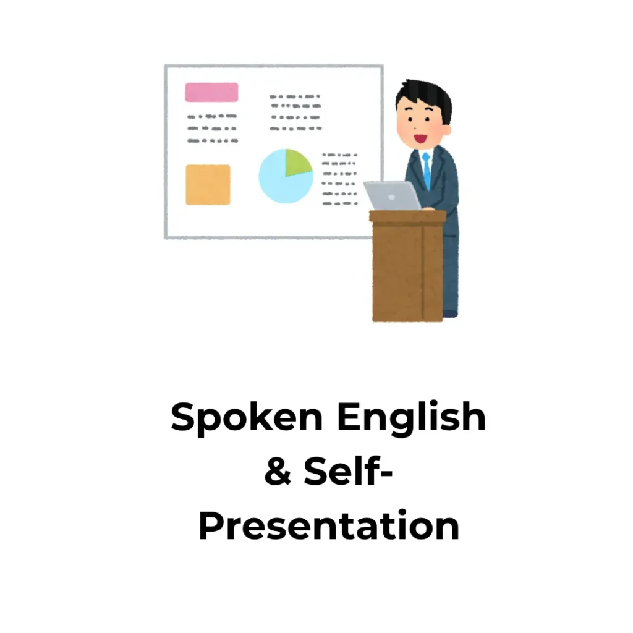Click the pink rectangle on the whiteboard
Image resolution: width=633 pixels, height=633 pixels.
pos(211,92)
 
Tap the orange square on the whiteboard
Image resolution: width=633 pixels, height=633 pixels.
pos(208,184)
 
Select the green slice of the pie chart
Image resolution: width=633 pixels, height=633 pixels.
pos(297,162)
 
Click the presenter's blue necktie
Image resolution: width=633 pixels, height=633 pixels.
pos(427,171)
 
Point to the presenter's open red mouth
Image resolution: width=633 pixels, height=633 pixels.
pos(420,139)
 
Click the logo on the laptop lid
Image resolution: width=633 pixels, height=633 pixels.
pos(391,197)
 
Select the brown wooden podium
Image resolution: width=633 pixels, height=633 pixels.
pos(408,266)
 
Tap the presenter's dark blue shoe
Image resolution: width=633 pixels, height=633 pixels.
pos(450,313)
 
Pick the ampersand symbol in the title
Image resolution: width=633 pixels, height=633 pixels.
pos(278,470)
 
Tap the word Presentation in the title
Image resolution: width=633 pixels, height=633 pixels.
pos(329,525)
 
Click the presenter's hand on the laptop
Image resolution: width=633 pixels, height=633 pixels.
pos(428,208)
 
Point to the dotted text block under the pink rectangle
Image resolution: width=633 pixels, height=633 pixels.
pos(213,129)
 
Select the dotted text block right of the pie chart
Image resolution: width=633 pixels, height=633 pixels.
pos(339,179)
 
